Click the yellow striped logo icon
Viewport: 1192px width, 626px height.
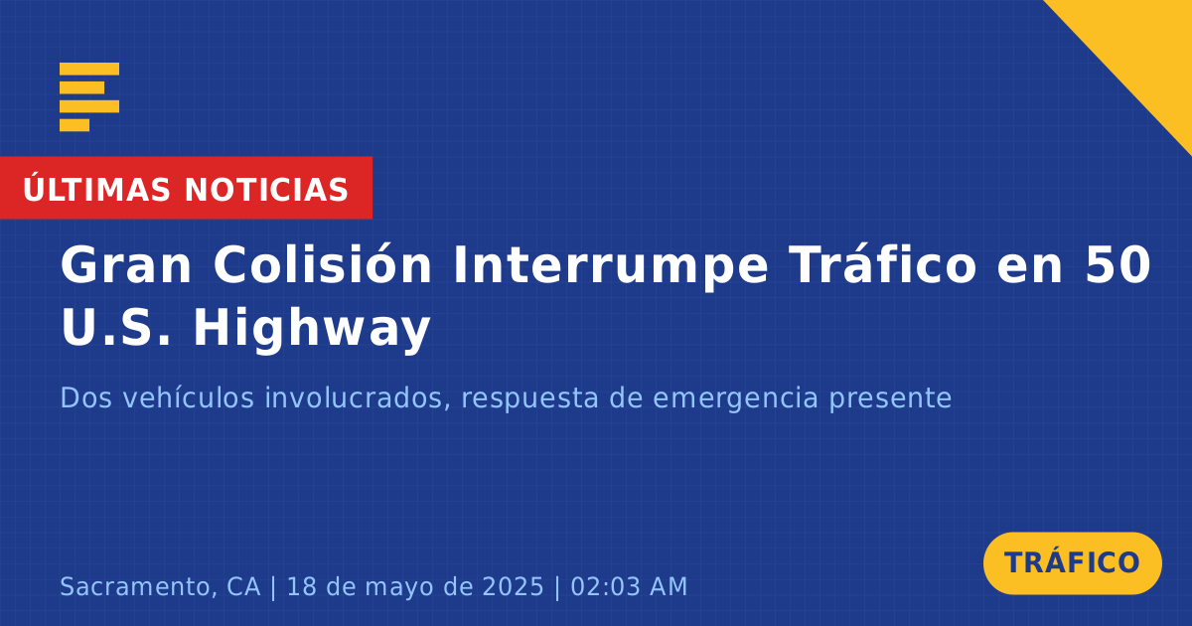(89, 97)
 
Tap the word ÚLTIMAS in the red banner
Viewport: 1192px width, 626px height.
(96, 189)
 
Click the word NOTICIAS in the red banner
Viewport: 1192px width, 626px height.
(266, 190)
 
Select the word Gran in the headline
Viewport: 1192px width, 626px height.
(125, 265)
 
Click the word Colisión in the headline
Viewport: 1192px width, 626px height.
(323, 263)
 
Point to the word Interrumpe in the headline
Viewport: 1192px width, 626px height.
(611, 267)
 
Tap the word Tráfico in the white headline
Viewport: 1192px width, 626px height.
(883, 263)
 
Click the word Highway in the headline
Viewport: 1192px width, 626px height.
(312, 329)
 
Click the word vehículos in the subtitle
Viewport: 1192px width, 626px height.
(189, 397)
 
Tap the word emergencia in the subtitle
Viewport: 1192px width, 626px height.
(735, 399)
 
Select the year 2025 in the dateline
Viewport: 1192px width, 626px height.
(513, 586)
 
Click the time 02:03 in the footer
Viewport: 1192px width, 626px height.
(606, 586)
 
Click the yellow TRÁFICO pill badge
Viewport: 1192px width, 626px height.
(1072, 563)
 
